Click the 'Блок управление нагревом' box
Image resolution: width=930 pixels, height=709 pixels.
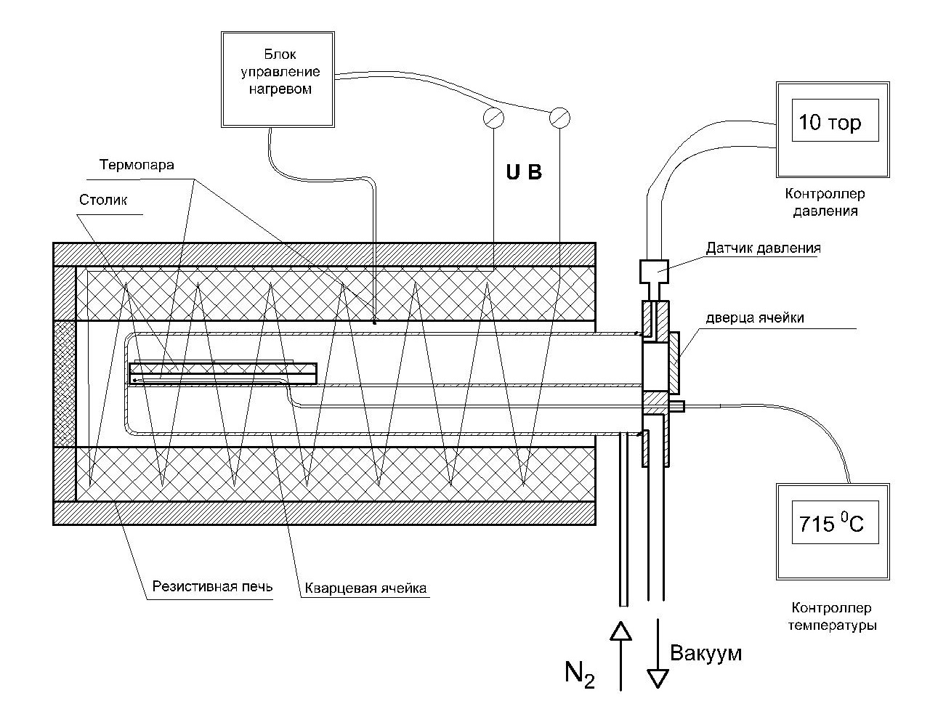point(278,79)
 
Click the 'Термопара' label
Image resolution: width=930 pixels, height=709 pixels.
point(137,165)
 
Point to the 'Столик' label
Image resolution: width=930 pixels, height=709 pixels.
point(103,200)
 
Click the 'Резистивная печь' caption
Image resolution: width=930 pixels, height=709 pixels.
point(212,587)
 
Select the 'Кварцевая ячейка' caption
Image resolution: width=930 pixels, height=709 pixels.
point(365,588)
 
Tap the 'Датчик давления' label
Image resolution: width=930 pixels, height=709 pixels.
point(763,248)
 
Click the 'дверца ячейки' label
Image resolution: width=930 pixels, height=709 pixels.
point(755,317)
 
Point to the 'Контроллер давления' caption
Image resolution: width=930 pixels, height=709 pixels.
point(825,203)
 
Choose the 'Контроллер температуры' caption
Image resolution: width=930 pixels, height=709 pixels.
point(832,616)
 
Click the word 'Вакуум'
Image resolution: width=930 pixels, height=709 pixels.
point(706,652)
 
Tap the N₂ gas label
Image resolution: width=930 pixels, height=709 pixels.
point(580,674)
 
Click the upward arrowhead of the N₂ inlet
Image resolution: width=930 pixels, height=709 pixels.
point(620,631)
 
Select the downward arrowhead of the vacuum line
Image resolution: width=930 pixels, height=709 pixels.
point(658,678)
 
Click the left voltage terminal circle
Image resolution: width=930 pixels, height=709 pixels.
point(493,118)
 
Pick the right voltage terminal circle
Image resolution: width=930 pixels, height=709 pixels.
point(559,118)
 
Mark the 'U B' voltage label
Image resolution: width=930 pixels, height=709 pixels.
point(524,172)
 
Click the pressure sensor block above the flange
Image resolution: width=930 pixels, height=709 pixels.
point(654,272)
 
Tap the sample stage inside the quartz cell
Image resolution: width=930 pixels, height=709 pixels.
point(223,373)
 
